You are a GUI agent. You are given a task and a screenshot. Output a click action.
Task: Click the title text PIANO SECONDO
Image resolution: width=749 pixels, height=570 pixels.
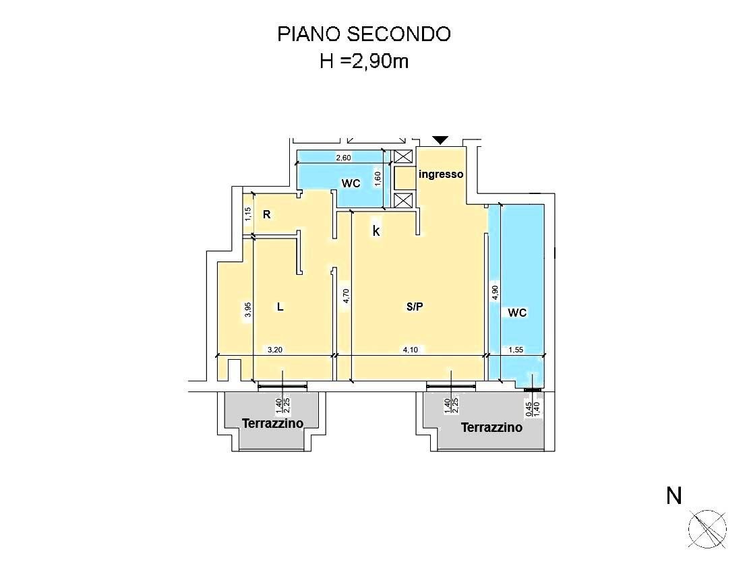pos(364,34)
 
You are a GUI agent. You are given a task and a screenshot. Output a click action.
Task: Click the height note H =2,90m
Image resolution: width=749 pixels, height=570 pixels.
pos(364,62)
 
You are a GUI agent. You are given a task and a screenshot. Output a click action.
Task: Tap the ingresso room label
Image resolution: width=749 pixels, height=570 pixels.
pos(441,174)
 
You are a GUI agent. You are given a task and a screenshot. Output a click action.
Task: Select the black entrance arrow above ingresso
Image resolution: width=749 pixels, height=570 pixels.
pos(440,140)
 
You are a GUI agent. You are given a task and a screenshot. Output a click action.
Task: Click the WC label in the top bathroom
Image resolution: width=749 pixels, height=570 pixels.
pos(351,183)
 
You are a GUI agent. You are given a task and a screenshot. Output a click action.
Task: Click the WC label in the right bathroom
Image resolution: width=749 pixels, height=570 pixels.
pos(517,313)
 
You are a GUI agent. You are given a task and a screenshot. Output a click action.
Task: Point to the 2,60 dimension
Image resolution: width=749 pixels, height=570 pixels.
pos(344,158)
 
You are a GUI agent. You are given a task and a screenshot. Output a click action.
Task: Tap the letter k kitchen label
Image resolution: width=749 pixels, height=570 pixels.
pos(377,231)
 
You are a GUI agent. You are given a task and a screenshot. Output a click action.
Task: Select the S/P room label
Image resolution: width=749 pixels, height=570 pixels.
pos(414,307)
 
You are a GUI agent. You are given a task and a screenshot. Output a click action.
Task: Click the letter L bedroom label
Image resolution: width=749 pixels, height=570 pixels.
pos(280,307)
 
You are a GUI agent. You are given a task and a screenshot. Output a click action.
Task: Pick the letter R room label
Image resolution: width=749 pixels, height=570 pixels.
pos(267,215)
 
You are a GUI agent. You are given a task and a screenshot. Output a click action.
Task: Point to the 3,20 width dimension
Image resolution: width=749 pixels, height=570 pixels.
pos(275,350)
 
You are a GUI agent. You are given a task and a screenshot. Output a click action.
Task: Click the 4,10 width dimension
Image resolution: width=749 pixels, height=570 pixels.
pos(411,350)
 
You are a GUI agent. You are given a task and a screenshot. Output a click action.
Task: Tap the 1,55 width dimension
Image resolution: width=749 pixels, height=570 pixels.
pos(516,350)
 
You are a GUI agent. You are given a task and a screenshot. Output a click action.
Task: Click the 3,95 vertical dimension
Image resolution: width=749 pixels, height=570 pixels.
pos(248,309)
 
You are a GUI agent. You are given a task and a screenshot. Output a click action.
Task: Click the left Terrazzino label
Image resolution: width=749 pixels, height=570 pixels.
pos(272,423)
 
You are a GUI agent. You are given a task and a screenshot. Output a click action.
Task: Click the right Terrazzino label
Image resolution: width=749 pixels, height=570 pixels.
pos(491,427)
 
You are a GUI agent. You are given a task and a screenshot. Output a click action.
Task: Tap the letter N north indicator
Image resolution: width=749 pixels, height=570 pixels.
pos(673,497)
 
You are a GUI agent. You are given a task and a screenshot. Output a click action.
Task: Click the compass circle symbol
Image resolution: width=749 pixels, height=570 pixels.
pos(707,528)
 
